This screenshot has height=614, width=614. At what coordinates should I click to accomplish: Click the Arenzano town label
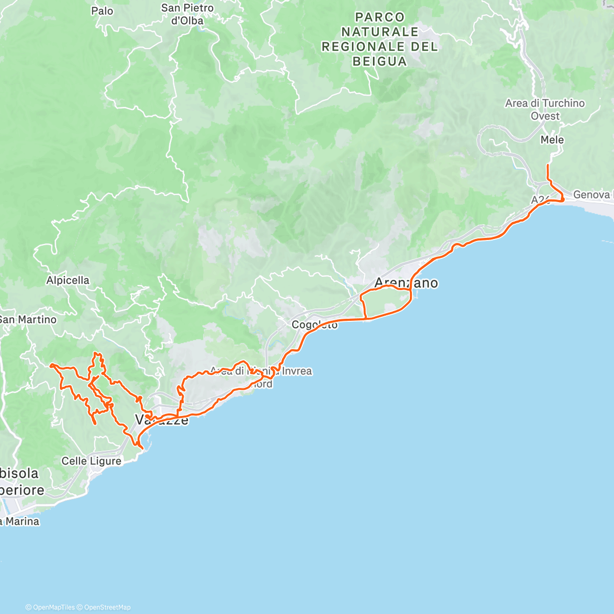click(406, 283)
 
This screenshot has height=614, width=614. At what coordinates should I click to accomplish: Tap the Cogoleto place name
click(314, 325)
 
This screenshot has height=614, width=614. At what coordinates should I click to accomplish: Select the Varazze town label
click(161, 420)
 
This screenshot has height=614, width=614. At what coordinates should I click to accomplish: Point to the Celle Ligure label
click(92, 461)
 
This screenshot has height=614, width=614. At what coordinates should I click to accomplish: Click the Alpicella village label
click(68, 280)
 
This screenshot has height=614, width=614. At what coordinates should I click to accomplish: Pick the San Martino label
click(28, 320)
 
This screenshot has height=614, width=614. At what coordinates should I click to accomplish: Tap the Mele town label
click(552, 140)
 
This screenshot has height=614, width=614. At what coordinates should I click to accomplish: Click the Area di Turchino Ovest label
click(545, 109)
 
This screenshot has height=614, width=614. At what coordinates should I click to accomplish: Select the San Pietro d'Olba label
click(187, 14)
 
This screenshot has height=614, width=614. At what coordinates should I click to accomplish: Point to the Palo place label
click(102, 11)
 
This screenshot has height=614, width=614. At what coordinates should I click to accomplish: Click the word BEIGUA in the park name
click(380, 61)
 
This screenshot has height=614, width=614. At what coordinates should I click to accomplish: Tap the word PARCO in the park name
click(380, 17)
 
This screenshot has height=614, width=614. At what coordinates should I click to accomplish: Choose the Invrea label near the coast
click(296, 371)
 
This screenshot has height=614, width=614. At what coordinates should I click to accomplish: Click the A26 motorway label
click(540, 200)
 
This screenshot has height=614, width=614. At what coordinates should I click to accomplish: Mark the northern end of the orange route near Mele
click(548, 165)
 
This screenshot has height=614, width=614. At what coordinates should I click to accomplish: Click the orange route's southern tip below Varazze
click(142, 448)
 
